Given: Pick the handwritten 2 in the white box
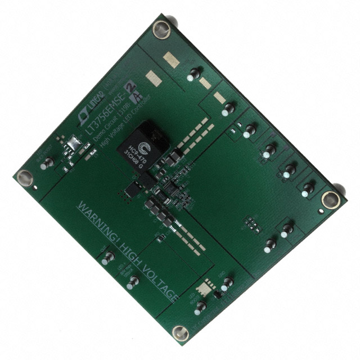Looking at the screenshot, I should tap(131, 84).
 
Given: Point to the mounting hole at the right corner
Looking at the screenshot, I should tap(332, 199).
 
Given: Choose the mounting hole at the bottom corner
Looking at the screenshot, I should tap(179, 334).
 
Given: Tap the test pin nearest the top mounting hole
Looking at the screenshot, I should tap(194, 73).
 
